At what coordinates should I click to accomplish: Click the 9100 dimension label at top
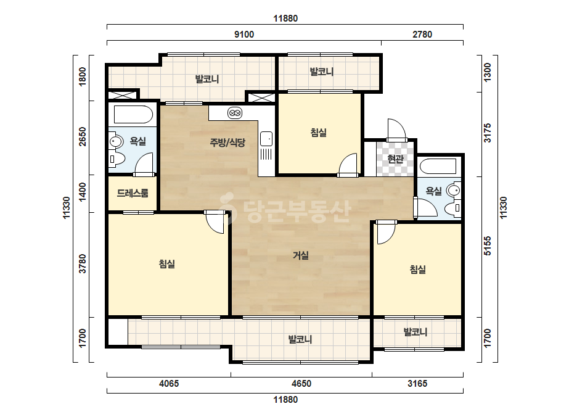pyautogui.click(x=244, y=35)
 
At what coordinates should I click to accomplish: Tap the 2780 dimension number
pyautogui.click(x=422, y=35)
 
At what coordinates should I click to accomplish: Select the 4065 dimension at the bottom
pyautogui.click(x=169, y=384)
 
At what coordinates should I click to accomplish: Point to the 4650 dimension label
pyautogui.click(x=301, y=384)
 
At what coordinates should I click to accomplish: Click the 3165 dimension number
pyautogui.click(x=417, y=384)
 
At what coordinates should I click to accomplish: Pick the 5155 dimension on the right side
pyautogui.click(x=488, y=246)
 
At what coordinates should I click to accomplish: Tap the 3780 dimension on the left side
pyautogui.click(x=83, y=264)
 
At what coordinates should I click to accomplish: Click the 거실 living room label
pyautogui.click(x=301, y=256)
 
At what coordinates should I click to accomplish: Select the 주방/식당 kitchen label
pyautogui.click(x=227, y=142)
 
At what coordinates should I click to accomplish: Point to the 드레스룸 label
pyautogui.click(x=133, y=193)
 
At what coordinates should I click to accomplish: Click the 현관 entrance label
pyautogui.click(x=395, y=159)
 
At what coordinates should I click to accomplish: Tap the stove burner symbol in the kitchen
pyautogui.click(x=235, y=114)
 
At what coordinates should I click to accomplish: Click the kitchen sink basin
pyautogui.click(x=266, y=139)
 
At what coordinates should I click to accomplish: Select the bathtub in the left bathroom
pyautogui.click(x=133, y=115)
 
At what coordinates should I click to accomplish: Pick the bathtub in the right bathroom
pyautogui.click(x=438, y=167)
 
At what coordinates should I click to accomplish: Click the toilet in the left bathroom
pyautogui.click(x=117, y=159)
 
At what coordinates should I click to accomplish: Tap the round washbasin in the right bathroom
pyautogui.click(x=454, y=190)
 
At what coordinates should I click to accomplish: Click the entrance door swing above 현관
pyautogui.click(x=396, y=130)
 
